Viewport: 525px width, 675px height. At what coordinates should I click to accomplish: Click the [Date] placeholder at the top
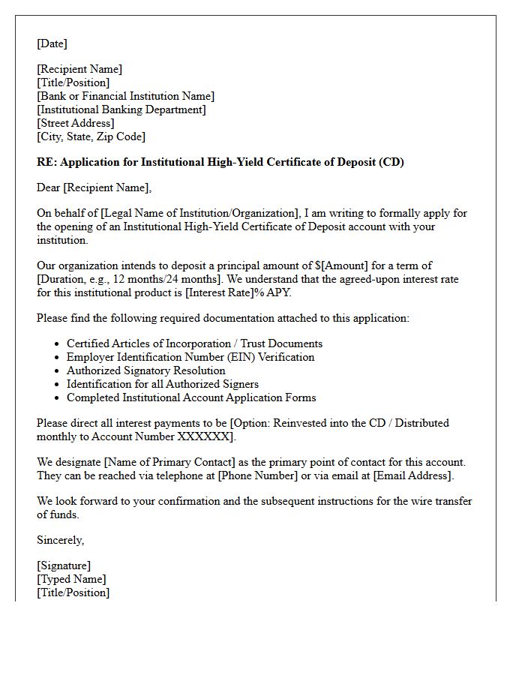click(x=52, y=43)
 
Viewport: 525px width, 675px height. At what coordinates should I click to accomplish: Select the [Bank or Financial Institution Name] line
click(x=125, y=96)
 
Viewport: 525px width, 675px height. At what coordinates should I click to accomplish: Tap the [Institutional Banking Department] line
click(x=121, y=109)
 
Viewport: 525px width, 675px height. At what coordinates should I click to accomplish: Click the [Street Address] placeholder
click(x=76, y=123)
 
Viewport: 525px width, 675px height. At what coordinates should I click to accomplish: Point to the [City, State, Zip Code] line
click(x=91, y=136)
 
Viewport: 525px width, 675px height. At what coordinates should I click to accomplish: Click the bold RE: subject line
click(x=220, y=162)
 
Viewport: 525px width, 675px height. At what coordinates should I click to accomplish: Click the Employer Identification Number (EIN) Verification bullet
click(x=190, y=357)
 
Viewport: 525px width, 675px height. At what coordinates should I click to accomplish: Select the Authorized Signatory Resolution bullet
click(x=145, y=370)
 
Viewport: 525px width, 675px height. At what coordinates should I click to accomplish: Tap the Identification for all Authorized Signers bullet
click(x=163, y=384)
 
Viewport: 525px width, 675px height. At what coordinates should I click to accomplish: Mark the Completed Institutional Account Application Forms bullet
click(x=191, y=397)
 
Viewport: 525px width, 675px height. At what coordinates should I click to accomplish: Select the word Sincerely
click(x=60, y=540)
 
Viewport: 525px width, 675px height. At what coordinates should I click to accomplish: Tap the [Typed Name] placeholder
click(x=71, y=579)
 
